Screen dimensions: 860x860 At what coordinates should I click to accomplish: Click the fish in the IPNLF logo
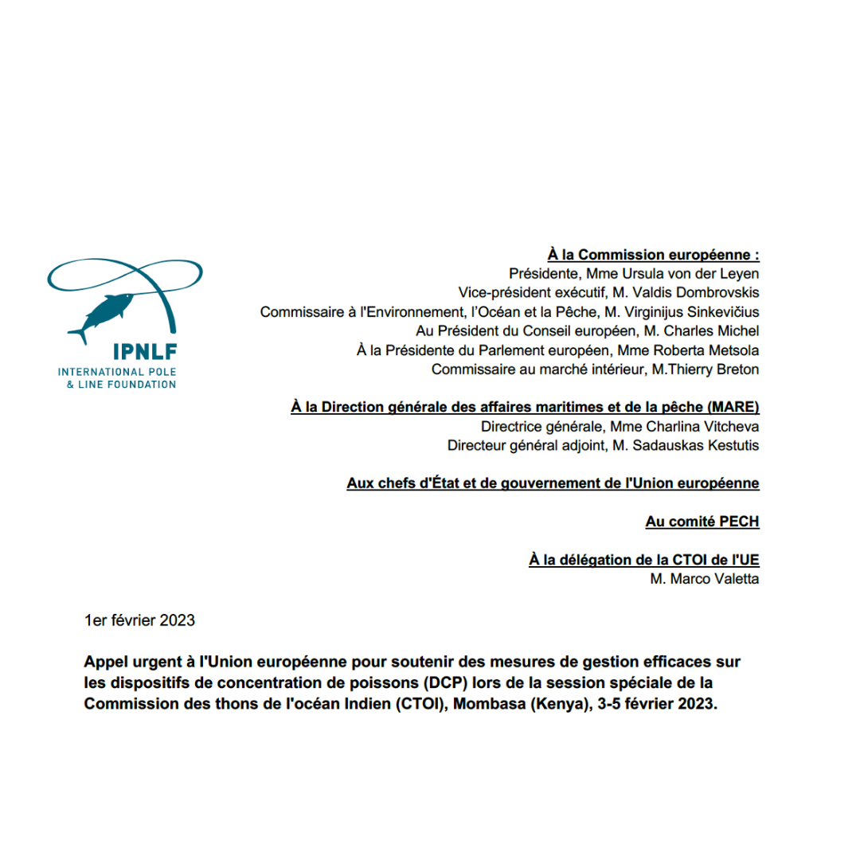click(102, 315)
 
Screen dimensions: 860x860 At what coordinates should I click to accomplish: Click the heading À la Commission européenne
click(653, 255)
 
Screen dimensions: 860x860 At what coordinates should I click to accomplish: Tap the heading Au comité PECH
click(702, 522)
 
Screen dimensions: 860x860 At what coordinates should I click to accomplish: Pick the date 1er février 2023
click(139, 620)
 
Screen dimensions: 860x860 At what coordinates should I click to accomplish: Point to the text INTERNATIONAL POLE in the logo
click(115, 372)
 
